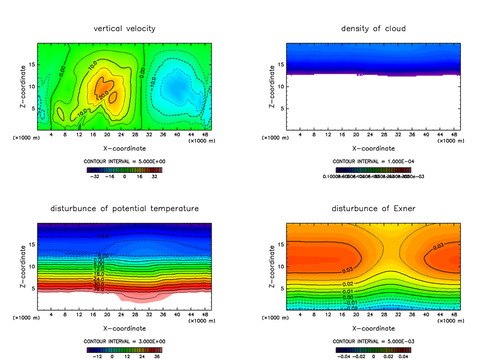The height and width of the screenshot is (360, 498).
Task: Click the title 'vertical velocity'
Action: coord(124,29)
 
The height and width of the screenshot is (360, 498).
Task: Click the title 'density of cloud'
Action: coord(373,29)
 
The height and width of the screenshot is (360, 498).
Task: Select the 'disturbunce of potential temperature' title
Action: coord(124,208)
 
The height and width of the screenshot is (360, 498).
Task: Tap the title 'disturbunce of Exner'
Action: coord(373,208)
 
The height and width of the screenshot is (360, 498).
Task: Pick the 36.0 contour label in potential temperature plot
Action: coord(99,289)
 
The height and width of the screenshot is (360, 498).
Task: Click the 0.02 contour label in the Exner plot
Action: coord(347,284)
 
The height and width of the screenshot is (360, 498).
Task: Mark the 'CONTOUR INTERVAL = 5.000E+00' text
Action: coord(124,161)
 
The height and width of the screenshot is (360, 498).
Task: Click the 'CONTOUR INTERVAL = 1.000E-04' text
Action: coord(373,161)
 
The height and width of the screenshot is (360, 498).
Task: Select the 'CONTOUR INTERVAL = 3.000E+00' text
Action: coord(124,341)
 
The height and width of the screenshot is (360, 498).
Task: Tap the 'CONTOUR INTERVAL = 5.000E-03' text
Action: coord(373,341)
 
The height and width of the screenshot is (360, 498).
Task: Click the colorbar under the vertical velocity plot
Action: coord(124,170)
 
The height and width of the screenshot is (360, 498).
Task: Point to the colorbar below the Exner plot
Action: coord(373,350)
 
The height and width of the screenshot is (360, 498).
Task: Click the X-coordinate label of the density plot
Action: coord(373,148)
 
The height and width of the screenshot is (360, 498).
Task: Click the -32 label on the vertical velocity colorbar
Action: coord(95,176)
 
